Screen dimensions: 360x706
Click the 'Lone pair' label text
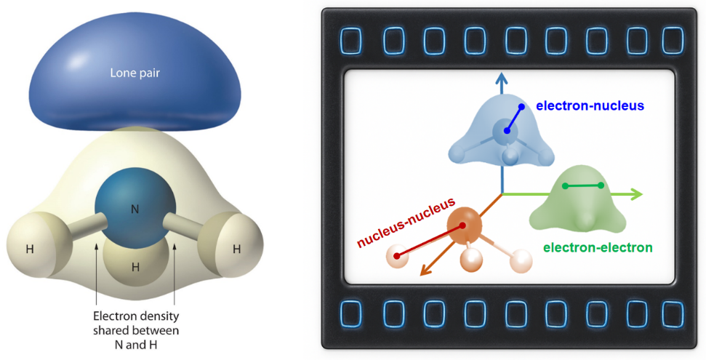tap(135, 73)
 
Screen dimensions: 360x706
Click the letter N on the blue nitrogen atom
tap(135, 209)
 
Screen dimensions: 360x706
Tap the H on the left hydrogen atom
tap(30, 249)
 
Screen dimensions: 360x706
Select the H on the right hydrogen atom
tap(236, 249)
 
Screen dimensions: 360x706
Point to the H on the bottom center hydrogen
tap(135, 267)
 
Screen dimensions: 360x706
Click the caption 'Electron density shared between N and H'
tap(135, 330)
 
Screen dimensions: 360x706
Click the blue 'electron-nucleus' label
tap(590, 105)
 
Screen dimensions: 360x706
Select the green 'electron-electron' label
tap(598, 247)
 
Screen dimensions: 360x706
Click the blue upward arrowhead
tap(501, 79)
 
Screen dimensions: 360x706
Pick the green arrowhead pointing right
tap(636, 193)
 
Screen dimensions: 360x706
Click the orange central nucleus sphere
tap(463, 225)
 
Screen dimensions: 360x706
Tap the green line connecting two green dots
tap(583, 186)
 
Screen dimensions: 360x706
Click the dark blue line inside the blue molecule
tap(513, 119)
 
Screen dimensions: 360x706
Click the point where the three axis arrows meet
tap(502, 194)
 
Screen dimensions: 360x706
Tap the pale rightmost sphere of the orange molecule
tap(521, 260)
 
